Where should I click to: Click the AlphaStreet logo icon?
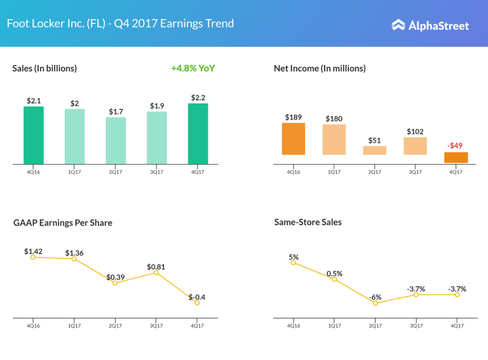click(398, 25)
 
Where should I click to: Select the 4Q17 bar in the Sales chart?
click(198, 133)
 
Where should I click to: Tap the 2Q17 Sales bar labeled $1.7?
click(116, 140)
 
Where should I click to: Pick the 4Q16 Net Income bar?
click(294, 139)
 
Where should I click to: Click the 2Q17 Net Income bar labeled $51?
click(375, 150)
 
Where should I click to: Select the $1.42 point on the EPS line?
click(34, 256)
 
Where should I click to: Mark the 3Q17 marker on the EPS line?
click(156, 272)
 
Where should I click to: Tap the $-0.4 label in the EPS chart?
click(197, 297)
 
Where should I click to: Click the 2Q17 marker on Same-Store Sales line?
click(376, 303)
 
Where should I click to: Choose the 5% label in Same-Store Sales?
click(294, 257)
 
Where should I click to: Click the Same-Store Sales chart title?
click(308, 222)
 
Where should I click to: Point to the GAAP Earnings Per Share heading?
click(62, 223)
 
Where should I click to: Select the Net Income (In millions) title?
click(320, 68)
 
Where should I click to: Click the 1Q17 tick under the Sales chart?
click(74, 171)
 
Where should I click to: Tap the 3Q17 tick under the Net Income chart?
click(416, 171)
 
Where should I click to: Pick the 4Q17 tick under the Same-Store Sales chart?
click(456, 325)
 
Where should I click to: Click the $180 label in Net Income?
click(334, 118)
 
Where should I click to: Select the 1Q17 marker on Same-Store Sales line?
click(334, 279)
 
